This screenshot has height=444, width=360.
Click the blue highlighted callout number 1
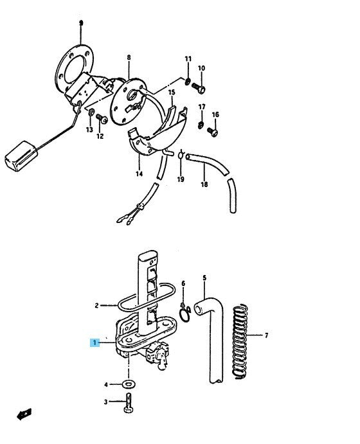point(95,342)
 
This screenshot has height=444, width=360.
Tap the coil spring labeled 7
point(240,341)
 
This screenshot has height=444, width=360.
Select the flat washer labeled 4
point(129,384)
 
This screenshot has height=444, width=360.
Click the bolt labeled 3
point(129,403)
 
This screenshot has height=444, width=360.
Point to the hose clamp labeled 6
point(185,313)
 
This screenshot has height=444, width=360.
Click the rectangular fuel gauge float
point(21,156)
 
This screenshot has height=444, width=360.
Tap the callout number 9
point(81,23)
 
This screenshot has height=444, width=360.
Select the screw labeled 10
point(199,88)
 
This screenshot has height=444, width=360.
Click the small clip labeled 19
point(181,155)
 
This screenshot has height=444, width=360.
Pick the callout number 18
point(204,184)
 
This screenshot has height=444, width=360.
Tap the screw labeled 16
point(213,132)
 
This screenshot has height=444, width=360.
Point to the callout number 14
point(139,173)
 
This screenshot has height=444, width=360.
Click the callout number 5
point(204,278)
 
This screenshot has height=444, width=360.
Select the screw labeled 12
point(102,119)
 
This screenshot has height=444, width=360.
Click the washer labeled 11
point(188,82)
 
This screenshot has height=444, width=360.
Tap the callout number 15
point(172,93)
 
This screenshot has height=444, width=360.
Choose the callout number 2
point(96,306)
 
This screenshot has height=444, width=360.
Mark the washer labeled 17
point(201,125)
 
